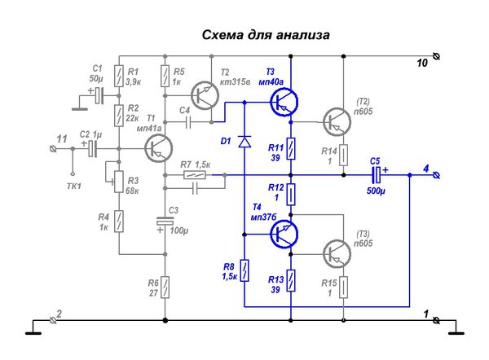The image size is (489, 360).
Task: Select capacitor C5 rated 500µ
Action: click(377, 175)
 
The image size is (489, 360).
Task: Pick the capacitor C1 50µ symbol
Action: click(99, 95)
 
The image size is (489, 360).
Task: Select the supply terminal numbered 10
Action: click(438, 56)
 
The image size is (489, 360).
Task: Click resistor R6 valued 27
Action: click(165, 286)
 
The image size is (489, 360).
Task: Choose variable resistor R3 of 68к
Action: click(119, 179)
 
